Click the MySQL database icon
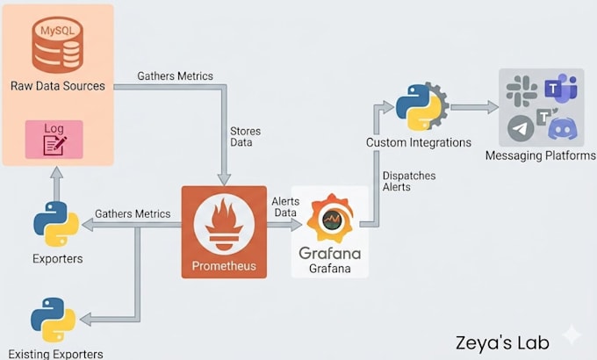[x=57, y=45]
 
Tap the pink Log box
[x=54, y=140]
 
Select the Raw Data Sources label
[x=57, y=86]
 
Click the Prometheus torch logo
[x=224, y=225]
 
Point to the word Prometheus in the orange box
[x=224, y=265]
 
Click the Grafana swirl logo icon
[x=331, y=218]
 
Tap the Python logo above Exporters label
[x=56, y=224]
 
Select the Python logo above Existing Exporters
[x=54, y=320]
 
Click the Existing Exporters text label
[x=55, y=354]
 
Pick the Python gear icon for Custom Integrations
[x=422, y=106]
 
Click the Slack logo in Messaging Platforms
[x=521, y=90]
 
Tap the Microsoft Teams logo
[x=561, y=89]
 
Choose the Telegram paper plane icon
[x=521, y=128]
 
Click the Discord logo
[x=563, y=129]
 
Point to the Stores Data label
[x=245, y=137]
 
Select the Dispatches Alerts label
[x=409, y=182]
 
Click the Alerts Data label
[x=285, y=207]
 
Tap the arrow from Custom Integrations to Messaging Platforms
[x=474, y=107]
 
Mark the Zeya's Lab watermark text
[x=502, y=342]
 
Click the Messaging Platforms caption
[x=540, y=155]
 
